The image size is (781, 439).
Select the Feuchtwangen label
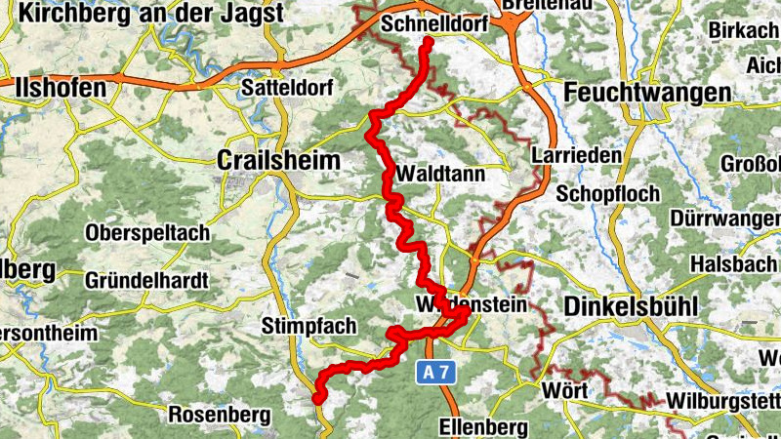pos(647,93)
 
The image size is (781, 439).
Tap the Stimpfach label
pos(309,326)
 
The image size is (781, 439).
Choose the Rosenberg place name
pos(219,415)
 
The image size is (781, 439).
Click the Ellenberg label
pos(483,427)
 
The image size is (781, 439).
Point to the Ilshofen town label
pos(61,88)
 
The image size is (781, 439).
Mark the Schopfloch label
pos(607,193)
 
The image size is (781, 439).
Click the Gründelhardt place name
pos(146,280)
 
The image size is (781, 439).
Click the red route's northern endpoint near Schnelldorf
pos(428,42)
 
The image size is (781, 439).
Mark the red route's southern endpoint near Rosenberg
pos(318,396)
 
